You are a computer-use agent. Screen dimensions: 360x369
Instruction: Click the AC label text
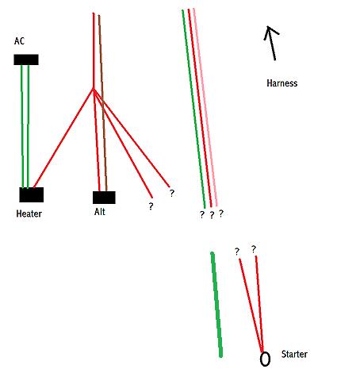point(19,41)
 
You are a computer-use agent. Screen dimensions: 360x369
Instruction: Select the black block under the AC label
point(26,60)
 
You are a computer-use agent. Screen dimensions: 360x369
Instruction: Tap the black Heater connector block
point(32,194)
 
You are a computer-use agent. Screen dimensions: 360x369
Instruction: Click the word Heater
point(29,213)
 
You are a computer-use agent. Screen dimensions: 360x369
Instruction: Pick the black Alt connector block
point(104,198)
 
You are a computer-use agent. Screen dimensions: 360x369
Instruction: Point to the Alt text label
point(100,212)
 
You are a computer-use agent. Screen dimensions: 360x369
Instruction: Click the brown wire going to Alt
point(103,103)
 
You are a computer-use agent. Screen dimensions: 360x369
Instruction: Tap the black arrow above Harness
point(271,43)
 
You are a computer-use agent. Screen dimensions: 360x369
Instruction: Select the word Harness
point(282,83)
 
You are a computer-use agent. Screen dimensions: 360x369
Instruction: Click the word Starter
point(294,354)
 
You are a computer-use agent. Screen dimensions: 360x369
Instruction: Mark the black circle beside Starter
point(265,359)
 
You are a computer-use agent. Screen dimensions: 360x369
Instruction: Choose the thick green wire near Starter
point(216,305)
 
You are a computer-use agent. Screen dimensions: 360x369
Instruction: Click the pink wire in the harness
point(205,107)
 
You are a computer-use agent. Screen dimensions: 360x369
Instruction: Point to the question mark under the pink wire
point(221,213)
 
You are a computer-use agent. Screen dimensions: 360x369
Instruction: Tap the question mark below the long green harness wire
point(202,214)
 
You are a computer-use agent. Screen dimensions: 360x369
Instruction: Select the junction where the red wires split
point(94,89)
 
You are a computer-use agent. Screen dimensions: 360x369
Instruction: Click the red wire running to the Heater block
point(63,138)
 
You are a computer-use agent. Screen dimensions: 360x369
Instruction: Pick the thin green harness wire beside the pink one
point(193,109)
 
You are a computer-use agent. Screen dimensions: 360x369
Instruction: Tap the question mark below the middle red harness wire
point(212,215)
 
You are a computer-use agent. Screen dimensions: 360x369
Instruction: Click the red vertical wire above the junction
point(94,51)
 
